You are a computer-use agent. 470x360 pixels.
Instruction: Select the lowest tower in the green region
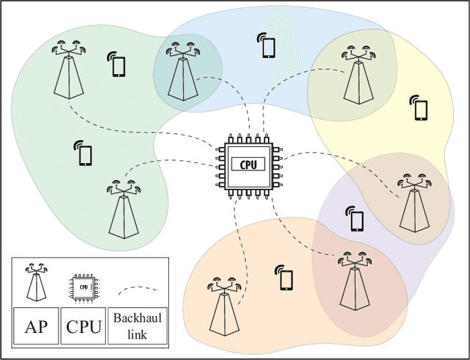[x=123, y=210]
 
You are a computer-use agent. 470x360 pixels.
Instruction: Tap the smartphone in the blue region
[x=268, y=47]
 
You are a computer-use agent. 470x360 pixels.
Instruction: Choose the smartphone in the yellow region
[x=421, y=108]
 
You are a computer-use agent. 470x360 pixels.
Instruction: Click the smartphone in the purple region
[x=357, y=219]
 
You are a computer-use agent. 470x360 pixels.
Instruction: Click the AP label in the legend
[x=36, y=326]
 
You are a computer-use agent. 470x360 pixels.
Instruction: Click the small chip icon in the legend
[x=84, y=285]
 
